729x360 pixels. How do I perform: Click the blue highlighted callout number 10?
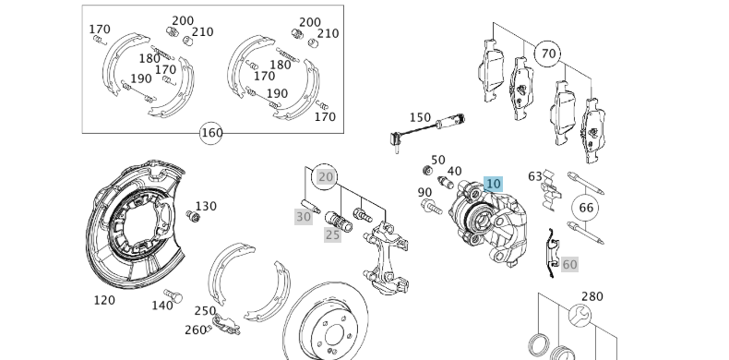point(493,185)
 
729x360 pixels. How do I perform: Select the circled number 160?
point(211,133)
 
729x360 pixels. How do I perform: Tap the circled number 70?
point(548,54)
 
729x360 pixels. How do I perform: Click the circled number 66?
point(586,208)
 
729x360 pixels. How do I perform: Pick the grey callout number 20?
point(326,176)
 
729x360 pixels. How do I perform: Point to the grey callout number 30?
point(304,217)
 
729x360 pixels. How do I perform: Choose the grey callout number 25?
point(332,235)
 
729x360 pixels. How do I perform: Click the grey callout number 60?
point(569,265)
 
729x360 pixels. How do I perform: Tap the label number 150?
point(420,118)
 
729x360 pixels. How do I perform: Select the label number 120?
point(104,300)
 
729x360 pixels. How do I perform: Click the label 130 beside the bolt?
point(206,206)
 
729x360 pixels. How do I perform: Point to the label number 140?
point(161,306)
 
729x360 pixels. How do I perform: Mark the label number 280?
point(592,296)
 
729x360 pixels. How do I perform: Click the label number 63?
point(535,176)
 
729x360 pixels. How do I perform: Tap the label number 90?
point(424,193)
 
